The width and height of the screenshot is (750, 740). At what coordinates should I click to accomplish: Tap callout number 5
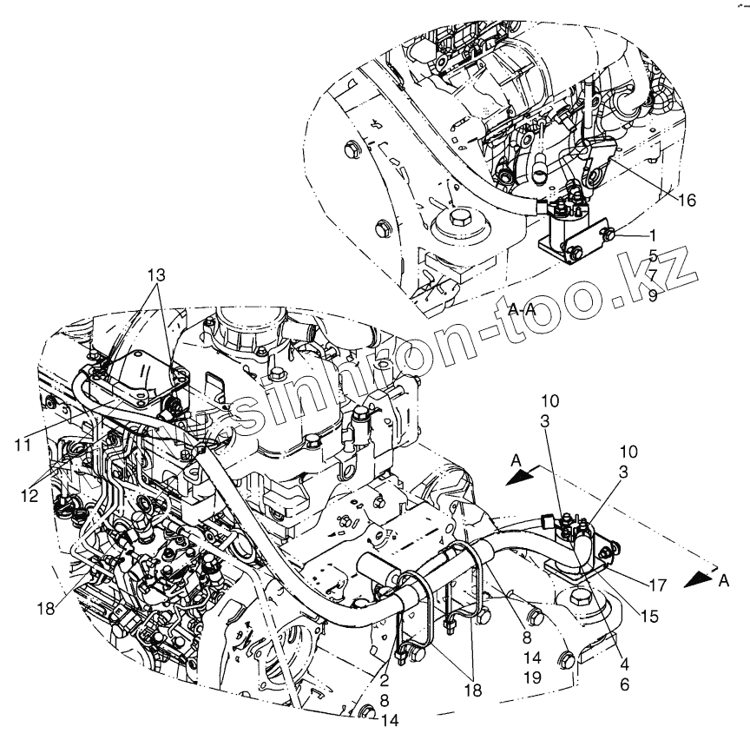651,256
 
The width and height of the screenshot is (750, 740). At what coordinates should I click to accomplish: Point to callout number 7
651,275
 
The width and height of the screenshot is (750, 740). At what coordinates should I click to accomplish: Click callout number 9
651,294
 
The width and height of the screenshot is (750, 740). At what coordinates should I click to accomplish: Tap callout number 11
23,444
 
